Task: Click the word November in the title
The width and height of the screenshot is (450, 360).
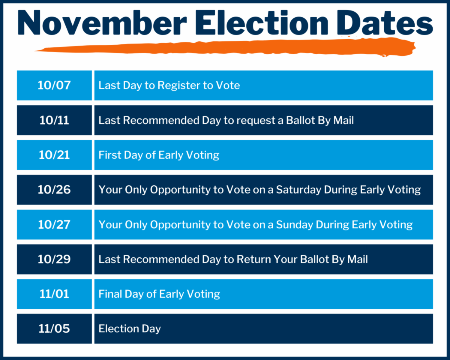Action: (102, 22)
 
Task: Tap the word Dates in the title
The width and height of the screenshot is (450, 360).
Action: (385, 22)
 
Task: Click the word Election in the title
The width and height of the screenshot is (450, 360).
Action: (262, 22)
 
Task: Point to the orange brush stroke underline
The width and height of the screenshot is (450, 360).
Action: (225, 48)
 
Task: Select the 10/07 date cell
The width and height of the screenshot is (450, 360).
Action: (54, 85)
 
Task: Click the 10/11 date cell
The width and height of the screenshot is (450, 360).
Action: (54, 120)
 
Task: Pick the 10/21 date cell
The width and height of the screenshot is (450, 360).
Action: (54, 155)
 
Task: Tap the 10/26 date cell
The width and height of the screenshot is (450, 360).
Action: (54, 190)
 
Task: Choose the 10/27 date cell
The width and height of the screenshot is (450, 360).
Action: (54, 225)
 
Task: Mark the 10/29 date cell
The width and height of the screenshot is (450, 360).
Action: (54, 259)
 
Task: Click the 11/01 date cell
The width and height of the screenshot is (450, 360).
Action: (54, 294)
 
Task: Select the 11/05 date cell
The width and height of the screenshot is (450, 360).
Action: (54, 328)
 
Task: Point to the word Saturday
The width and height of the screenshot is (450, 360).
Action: (298, 190)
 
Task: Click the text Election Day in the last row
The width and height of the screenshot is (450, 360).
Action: (130, 329)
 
